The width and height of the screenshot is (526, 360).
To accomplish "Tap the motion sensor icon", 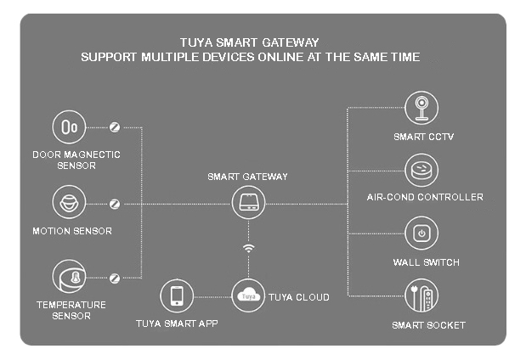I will coord(68,203).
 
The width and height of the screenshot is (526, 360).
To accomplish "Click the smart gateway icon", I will coord(248,203).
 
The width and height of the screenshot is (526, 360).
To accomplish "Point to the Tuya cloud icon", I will coord(248,295).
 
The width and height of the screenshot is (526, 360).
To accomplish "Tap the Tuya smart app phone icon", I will coord(177,295).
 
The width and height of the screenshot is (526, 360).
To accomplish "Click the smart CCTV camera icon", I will coord(421,109).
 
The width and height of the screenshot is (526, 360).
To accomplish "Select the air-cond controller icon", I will coord(421,170).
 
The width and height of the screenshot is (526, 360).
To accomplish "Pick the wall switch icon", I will coord(421,233).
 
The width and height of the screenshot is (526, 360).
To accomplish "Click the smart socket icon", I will coord(421,295).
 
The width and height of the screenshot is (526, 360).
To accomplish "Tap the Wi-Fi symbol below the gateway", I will coord(248,249).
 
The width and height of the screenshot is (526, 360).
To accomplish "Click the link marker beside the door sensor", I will coord(115,127).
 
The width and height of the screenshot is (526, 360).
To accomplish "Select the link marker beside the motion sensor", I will coord(115,204).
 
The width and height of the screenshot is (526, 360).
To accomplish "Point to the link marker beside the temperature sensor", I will coord(115,277).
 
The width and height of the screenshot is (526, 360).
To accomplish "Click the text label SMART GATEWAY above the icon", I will coord(248,177).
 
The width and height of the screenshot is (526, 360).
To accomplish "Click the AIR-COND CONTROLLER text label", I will coord(425,197).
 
